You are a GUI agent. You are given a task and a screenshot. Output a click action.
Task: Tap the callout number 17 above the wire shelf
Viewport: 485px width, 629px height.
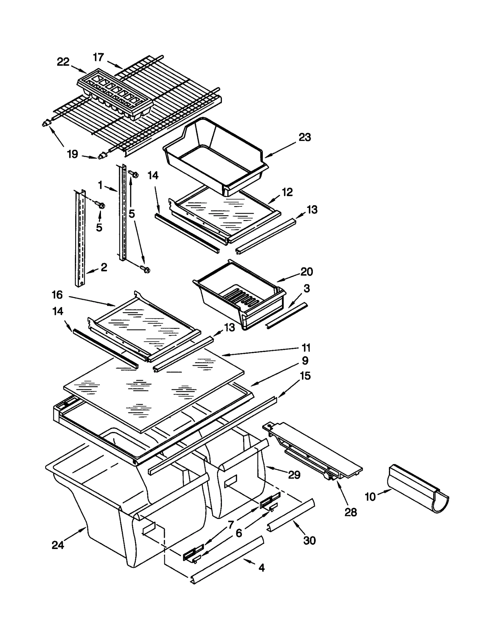point(98,57)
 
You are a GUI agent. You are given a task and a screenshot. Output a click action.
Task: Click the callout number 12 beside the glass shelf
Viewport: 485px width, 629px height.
point(287,192)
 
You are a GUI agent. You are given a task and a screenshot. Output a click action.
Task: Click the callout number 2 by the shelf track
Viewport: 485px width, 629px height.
point(104,267)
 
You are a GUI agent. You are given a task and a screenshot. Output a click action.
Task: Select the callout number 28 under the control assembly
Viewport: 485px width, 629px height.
point(350,512)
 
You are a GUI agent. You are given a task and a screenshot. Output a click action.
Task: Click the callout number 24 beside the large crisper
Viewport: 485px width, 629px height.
point(58,545)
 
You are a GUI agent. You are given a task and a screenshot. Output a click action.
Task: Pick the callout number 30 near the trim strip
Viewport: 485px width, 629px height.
point(309,540)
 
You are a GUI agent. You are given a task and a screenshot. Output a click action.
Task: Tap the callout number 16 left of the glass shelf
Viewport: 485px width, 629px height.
point(57,294)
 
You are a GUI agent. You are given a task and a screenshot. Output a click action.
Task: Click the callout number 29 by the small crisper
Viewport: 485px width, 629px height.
point(294,475)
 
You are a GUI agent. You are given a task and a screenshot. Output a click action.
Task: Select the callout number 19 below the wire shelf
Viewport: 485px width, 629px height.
point(72,154)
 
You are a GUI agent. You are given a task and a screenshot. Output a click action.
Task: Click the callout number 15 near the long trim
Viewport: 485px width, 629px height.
point(305,376)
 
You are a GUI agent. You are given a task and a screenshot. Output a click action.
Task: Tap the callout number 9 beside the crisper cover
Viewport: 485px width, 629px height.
point(305,360)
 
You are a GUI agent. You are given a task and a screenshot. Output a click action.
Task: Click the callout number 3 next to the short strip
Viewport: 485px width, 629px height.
point(306,288)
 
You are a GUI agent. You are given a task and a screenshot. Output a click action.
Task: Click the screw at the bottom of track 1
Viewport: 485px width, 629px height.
point(145,269)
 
